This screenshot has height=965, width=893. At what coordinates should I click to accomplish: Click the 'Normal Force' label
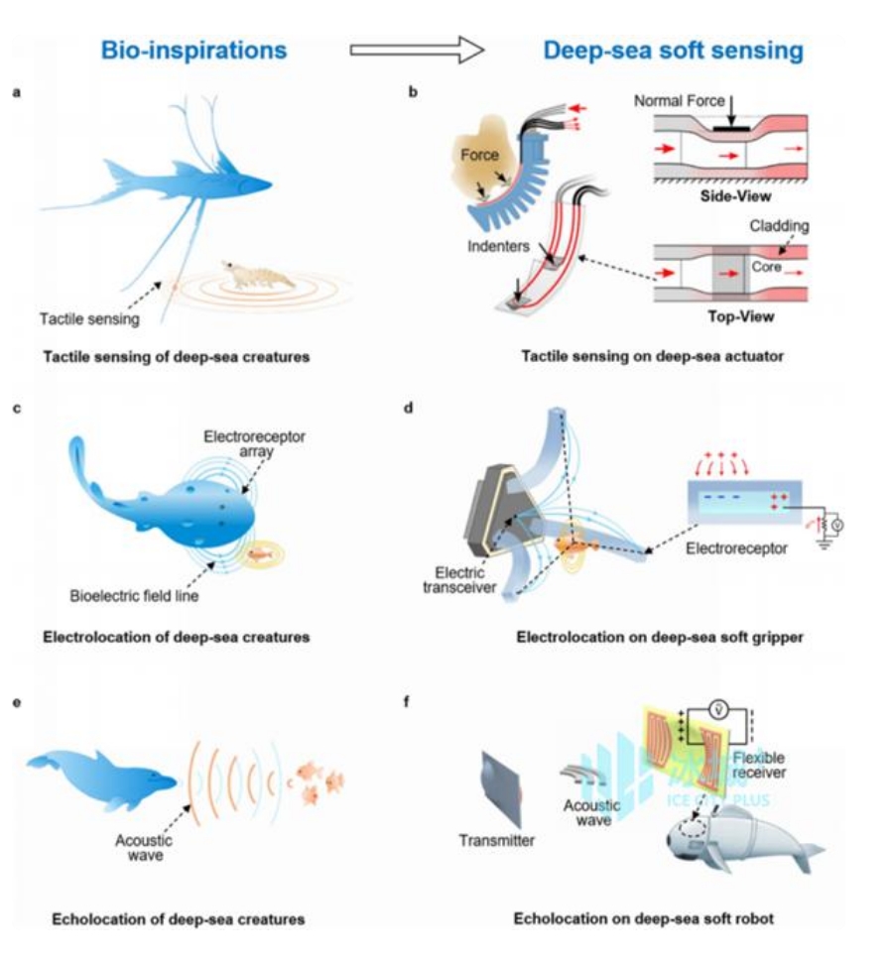click(x=675, y=101)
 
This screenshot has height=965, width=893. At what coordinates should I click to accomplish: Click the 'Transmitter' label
click(x=496, y=841)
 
